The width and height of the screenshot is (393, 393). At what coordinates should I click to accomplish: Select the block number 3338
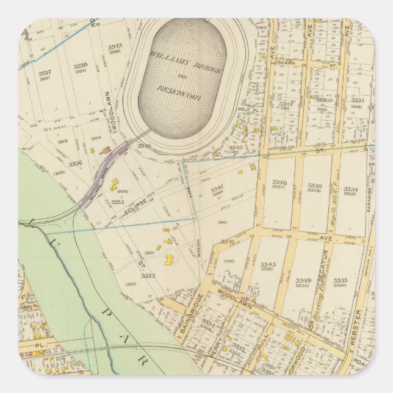point(80,65)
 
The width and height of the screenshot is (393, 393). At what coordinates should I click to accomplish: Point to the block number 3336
point(75,164)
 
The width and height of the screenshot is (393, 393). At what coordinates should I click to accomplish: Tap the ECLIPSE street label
point(135,202)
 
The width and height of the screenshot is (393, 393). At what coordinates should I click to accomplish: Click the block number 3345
point(269,264)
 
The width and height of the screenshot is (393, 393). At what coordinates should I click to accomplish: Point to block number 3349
point(303,281)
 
